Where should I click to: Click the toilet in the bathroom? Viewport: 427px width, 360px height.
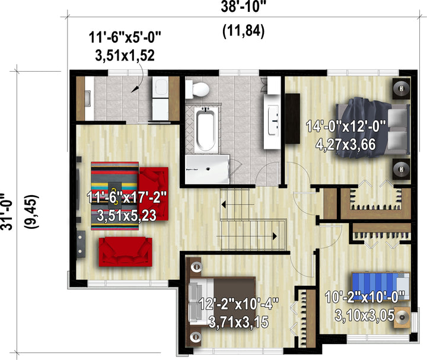(197, 88)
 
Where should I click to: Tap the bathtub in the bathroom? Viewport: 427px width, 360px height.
(206, 129)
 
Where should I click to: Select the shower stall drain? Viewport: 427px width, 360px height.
(208, 169)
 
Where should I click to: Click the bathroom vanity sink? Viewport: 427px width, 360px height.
(273, 120)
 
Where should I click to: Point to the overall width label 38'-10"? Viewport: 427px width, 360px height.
(243, 7)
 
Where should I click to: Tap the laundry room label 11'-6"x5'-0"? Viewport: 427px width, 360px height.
(125, 37)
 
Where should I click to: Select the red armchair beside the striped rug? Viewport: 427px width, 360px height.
(154, 194)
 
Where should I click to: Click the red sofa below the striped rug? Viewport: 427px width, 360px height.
(125, 251)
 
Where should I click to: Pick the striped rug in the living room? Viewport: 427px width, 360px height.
(114, 196)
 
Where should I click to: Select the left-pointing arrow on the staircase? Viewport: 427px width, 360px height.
(224, 205)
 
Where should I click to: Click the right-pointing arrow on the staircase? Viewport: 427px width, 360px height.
(275, 236)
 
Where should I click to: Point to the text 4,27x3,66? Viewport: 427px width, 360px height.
(346, 144)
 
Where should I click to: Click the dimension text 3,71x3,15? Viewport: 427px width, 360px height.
(238, 322)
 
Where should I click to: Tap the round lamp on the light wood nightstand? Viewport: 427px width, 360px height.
(402, 317)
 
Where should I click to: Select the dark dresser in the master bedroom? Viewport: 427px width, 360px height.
(292, 119)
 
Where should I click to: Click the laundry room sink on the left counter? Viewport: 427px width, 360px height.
(88, 98)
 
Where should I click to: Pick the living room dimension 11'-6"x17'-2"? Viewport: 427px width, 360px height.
(127, 197)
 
